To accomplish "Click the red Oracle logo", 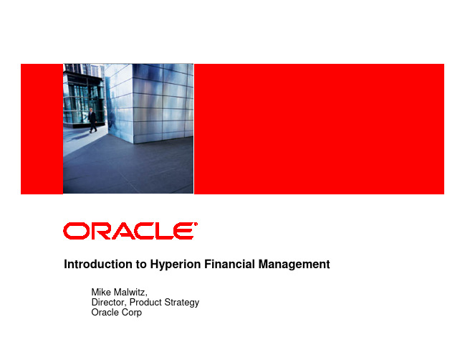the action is click(130, 231).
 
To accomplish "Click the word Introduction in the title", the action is click(99, 264).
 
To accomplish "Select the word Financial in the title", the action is click(229, 264).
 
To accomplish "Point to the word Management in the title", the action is click(294, 265).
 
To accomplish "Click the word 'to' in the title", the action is click(142, 265).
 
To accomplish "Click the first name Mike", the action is click(101, 292).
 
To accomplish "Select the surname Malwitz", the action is click(130, 293).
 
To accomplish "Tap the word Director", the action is click(109, 303).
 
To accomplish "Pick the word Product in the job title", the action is click(145, 302).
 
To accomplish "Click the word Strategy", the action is click(181, 303).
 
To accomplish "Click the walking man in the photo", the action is click(92, 120).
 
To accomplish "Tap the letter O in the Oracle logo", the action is click(76, 231).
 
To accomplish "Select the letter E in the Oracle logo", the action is click(184, 231).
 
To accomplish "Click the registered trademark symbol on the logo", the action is click(196, 224).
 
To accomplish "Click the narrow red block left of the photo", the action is click(42, 129).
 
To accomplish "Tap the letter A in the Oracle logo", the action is click(124, 231).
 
